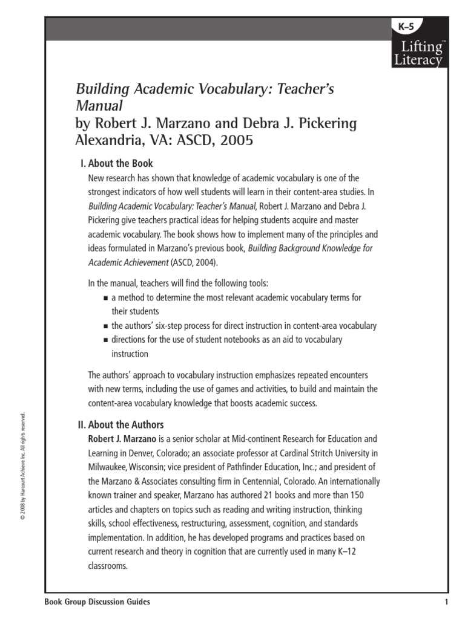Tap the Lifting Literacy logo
pyautogui.click(x=418, y=53)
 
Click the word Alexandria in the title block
pyautogui.click(x=104, y=140)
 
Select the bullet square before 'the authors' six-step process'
pyautogui.click(x=105, y=326)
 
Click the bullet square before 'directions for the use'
pyautogui.click(x=105, y=340)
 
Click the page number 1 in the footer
pyautogui.click(x=445, y=602)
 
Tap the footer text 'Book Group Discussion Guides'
pyautogui.click(x=97, y=602)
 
